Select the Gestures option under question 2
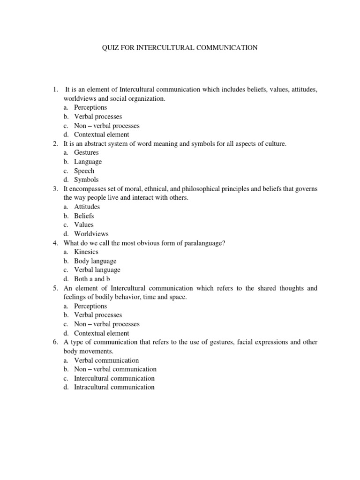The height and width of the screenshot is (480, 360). pos(86,153)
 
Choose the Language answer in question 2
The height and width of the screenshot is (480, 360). pos(88,162)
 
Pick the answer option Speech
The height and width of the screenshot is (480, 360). pos(84,171)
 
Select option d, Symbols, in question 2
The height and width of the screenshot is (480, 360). pos(86,180)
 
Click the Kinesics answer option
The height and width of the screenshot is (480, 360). pos(87,252)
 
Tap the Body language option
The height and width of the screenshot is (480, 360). pos(95,261)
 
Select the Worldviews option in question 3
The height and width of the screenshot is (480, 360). pos(91,234)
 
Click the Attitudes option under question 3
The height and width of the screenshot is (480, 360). pos(87,207)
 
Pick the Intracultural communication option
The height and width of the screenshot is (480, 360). pos(114,387)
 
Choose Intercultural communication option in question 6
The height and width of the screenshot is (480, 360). pos(114,378)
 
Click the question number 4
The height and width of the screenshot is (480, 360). pos(55,243)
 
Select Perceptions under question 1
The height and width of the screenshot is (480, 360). pos(90,107)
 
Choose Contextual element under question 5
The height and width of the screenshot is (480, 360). pos(101,333)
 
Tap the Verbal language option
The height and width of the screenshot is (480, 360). pos(97,270)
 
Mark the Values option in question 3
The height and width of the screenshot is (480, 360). pos(83,225)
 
